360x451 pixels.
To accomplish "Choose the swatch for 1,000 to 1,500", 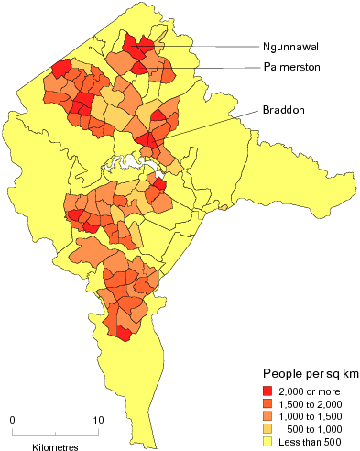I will [269, 417].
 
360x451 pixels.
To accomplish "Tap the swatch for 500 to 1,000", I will [269, 429].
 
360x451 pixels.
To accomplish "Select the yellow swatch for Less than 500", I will [269, 441].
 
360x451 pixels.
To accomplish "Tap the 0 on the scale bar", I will [13, 420].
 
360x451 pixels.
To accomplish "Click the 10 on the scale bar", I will [98, 420].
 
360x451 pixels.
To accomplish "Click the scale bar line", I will [55, 431].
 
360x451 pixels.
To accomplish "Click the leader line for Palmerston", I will [202, 67].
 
